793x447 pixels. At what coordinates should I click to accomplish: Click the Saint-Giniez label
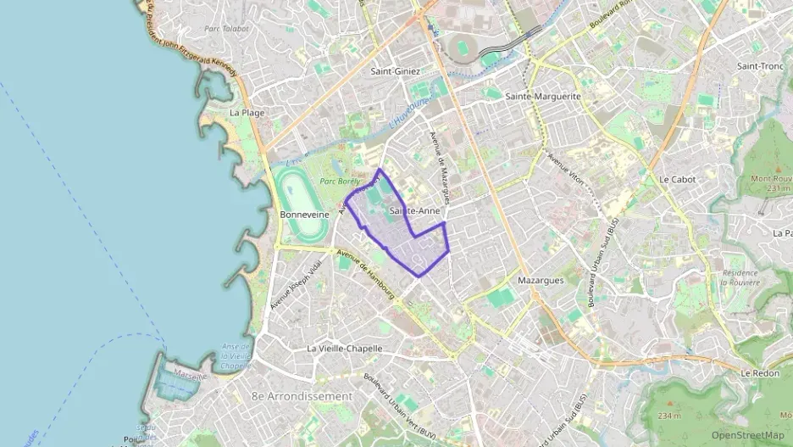(395, 71)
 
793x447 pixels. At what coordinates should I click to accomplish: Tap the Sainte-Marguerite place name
(543, 97)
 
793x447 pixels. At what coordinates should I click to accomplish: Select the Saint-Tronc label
(758, 66)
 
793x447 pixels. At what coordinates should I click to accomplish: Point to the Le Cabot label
(677, 180)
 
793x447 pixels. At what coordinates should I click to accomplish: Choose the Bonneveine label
(303, 215)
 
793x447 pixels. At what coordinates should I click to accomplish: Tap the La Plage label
(247, 112)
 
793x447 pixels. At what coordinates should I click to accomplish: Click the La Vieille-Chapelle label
(345, 348)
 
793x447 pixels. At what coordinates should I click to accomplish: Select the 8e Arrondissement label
(302, 396)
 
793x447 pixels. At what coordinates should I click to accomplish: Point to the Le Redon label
(758, 373)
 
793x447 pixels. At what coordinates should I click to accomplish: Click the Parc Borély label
(340, 182)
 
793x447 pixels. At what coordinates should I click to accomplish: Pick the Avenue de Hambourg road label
(366, 275)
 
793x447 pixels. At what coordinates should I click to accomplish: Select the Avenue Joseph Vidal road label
(285, 282)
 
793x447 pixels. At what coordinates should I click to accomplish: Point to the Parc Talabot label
(226, 28)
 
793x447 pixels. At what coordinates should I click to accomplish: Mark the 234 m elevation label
(668, 416)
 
